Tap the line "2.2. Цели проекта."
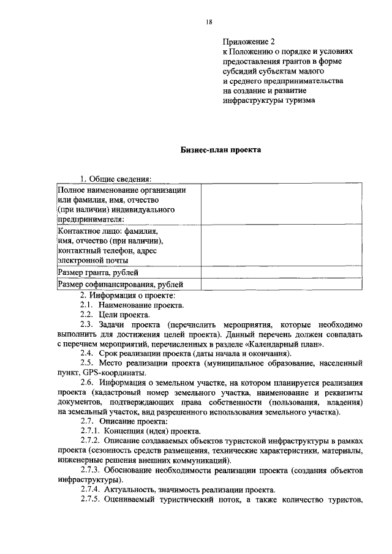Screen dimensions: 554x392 [x=115, y=315]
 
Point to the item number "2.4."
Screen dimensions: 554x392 [x=86, y=354]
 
